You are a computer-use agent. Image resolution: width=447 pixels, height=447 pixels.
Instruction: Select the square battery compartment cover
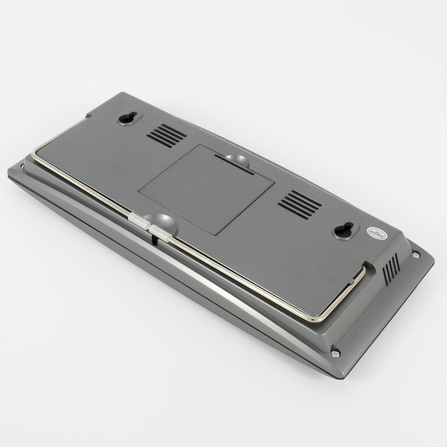[x=206, y=189]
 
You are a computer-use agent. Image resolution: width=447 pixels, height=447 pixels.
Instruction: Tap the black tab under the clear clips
[x=154, y=239]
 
